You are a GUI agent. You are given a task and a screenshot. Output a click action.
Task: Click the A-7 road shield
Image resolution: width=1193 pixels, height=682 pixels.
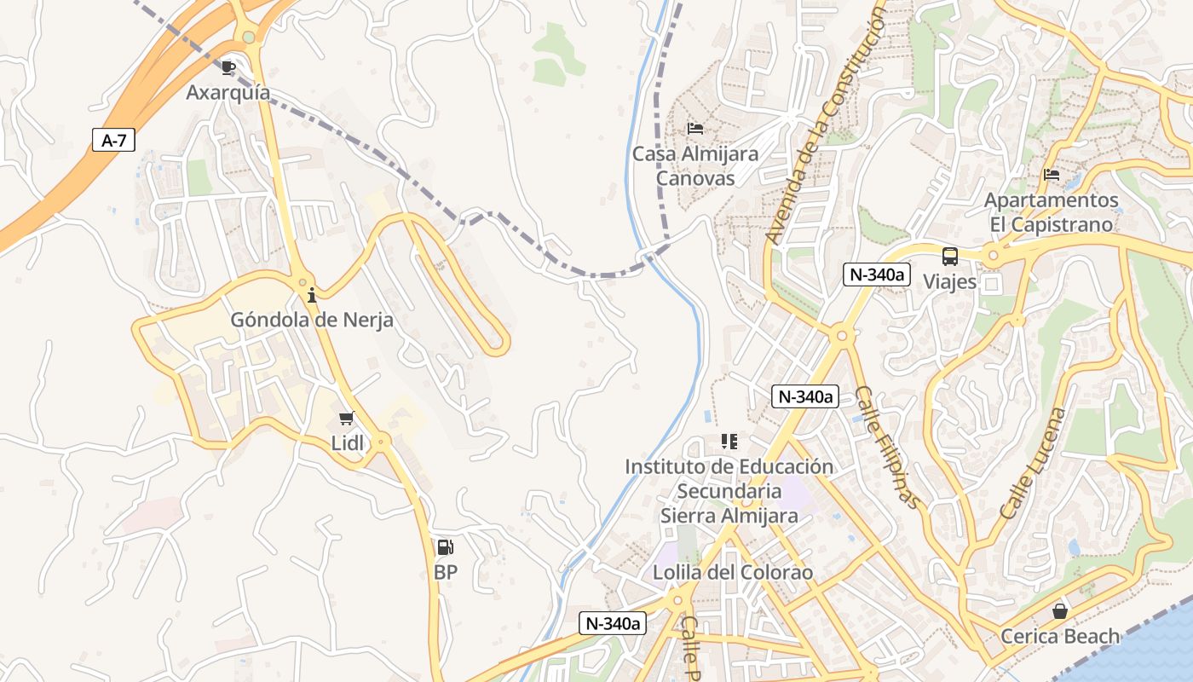pos(113,141)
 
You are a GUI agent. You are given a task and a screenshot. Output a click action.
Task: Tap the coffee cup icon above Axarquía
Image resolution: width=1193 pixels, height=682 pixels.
pos(228,67)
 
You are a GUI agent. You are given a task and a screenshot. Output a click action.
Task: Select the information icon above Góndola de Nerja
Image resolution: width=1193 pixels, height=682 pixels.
pos(312,296)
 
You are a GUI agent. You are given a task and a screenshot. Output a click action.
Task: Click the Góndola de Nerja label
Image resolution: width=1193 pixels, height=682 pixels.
pos(312,321)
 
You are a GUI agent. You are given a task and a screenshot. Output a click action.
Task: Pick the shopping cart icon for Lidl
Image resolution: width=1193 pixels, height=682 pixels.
pos(347,418)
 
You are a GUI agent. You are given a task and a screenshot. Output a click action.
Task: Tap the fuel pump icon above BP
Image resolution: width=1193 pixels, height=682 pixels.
pos(445,547)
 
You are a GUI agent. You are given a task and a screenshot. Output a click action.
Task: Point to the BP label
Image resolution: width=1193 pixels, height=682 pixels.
pos(445,572)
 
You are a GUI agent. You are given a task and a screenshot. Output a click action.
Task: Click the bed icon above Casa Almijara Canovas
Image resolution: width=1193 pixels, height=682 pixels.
pos(695,129)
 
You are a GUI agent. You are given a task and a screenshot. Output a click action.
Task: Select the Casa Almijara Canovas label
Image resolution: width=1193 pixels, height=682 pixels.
pos(695,166)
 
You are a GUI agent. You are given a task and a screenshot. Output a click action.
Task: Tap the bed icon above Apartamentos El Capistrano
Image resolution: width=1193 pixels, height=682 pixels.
pos(1052,175)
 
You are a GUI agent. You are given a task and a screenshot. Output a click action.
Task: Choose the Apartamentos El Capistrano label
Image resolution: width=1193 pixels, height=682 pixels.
pos(1052,212)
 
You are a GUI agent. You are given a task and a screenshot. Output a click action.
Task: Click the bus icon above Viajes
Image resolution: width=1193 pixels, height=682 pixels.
pos(949,256)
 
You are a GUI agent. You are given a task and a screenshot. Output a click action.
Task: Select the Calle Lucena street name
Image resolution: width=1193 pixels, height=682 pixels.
pos(1033,463)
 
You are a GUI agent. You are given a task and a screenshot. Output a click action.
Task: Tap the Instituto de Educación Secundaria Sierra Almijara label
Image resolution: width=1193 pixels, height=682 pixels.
pos(729,491)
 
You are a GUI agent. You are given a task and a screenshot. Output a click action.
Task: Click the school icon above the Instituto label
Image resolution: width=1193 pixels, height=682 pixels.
pos(729,442)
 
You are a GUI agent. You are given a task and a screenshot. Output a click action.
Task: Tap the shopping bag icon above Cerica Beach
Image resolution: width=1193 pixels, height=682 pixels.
pos(1059,611)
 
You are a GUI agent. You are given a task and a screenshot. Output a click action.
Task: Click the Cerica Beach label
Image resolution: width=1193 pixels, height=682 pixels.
pos(1059,636)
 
